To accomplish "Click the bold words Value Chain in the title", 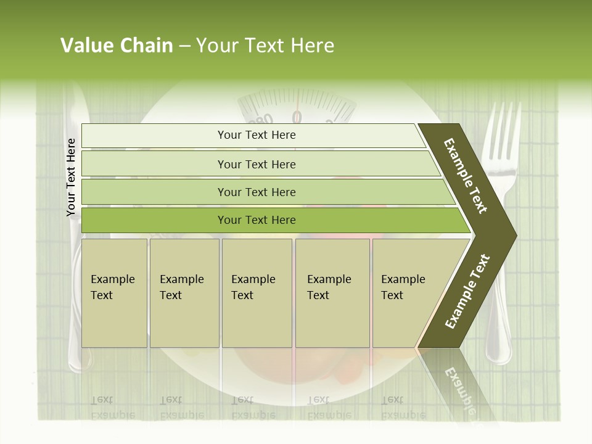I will click(117, 46).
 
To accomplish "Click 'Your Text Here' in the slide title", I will click(265, 46).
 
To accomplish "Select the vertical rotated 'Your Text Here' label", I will click(71, 178).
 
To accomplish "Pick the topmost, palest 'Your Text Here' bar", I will click(256, 135).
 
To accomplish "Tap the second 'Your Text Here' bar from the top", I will click(256, 164).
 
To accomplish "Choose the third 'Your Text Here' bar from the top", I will click(256, 192).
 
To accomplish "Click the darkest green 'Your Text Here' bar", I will click(256, 220).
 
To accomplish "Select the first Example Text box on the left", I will click(114, 293).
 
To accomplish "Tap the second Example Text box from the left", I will click(184, 293).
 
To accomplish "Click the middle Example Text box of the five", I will click(257, 293).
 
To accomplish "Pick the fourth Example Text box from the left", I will click(332, 293).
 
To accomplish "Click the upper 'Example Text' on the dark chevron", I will click(466, 176).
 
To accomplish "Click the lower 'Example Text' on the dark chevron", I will click(467, 292).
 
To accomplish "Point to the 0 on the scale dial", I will click(297, 117).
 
